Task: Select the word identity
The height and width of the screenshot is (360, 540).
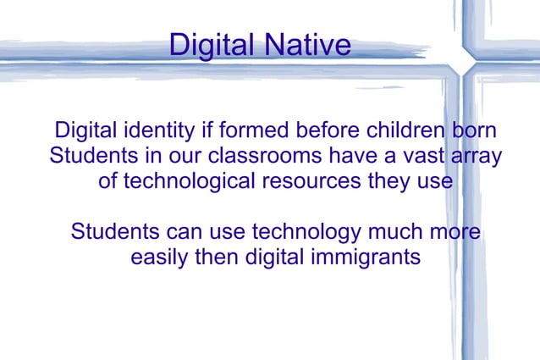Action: click(150, 132)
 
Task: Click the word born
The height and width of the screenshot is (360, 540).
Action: click(474, 132)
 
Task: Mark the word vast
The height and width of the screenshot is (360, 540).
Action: click(411, 158)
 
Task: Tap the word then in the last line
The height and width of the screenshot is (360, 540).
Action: click(218, 256)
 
